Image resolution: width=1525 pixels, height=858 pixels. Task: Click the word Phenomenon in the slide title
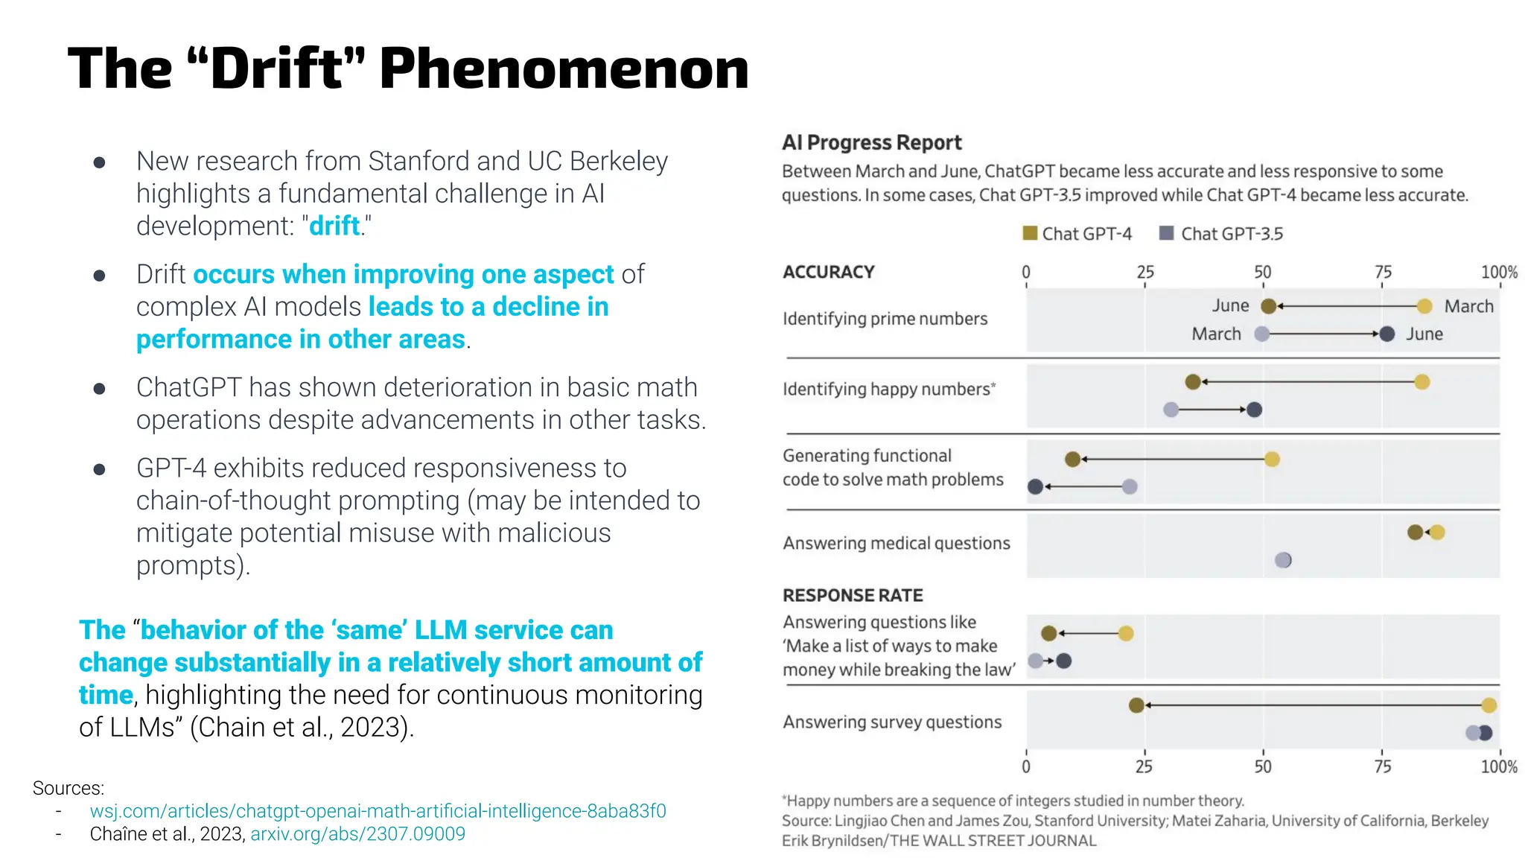(564, 69)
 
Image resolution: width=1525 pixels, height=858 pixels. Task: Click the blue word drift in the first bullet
(334, 226)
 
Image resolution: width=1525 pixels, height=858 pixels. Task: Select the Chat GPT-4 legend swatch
(1030, 233)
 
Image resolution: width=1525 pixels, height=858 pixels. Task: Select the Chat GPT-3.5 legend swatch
(1167, 233)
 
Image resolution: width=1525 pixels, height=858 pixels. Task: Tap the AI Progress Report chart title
(871, 142)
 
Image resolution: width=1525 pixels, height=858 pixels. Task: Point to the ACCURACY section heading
(828, 272)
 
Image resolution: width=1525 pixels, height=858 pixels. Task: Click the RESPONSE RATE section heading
(853, 595)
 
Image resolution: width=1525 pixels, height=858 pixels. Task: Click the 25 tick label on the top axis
(1144, 272)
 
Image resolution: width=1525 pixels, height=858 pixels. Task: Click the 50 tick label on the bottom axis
(1263, 766)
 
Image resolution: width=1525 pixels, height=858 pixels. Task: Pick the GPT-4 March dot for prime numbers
(1424, 306)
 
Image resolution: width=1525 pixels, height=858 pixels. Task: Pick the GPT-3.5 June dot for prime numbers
(1386, 334)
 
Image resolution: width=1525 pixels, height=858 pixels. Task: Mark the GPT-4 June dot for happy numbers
(1193, 382)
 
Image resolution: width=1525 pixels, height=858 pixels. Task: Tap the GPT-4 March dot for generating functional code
(1272, 460)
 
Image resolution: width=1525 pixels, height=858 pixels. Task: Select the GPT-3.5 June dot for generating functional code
(1035, 487)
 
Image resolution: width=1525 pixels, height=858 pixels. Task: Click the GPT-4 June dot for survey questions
(1136, 705)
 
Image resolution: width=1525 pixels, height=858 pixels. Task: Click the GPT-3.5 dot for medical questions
(1283, 560)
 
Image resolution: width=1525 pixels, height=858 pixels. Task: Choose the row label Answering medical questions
(896, 543)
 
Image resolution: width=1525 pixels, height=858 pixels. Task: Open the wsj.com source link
(378, 811)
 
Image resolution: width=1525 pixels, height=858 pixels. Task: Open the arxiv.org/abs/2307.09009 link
(357, 834)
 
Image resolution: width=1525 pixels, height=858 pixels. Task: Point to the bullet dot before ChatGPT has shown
(99, 389)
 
